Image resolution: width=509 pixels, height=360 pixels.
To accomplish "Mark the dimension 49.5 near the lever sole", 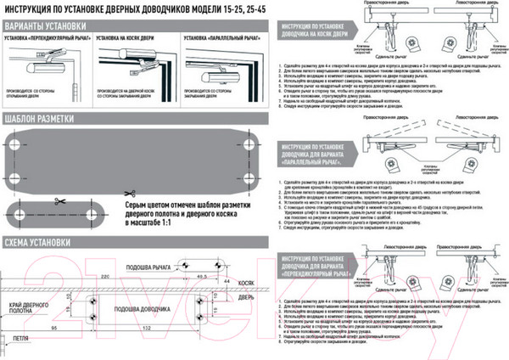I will pos(202,276).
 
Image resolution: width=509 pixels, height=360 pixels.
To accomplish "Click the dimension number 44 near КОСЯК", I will pos(227,278).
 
